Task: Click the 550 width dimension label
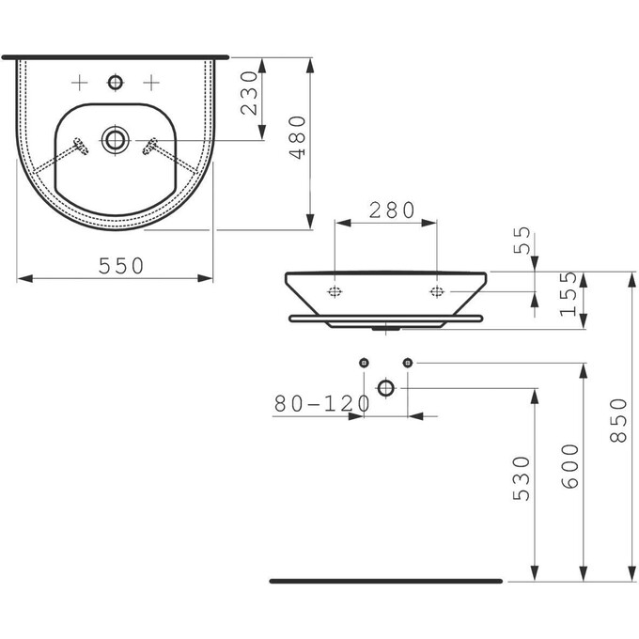click(121, 266)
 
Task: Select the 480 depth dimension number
click(297, 137)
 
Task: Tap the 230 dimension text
click(249, 93)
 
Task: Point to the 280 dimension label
click(392, 210)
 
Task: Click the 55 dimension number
click(522, 240)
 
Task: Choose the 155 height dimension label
click(569, 294)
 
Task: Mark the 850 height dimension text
click(617, 421)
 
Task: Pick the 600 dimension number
click(569, 466)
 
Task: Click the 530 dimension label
click(522, 478)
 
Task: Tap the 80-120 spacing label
click(322, 404)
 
